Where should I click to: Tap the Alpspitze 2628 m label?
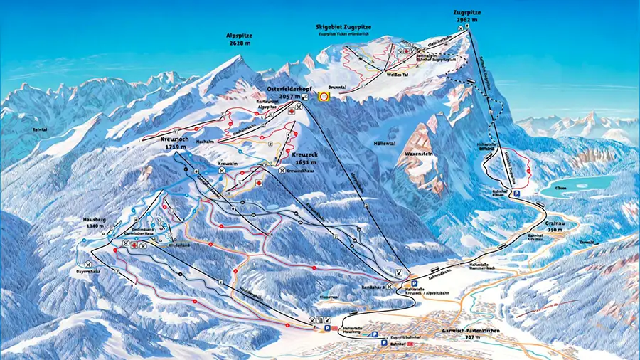tap(239, 38)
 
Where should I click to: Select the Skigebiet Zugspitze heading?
tap(343, 27)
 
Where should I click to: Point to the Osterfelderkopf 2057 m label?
tap(284, 92)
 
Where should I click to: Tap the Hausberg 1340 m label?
tap(92, 223)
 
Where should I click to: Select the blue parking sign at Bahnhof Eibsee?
tap(518, 193)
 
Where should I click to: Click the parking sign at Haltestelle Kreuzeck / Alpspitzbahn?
tap(411, 283)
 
